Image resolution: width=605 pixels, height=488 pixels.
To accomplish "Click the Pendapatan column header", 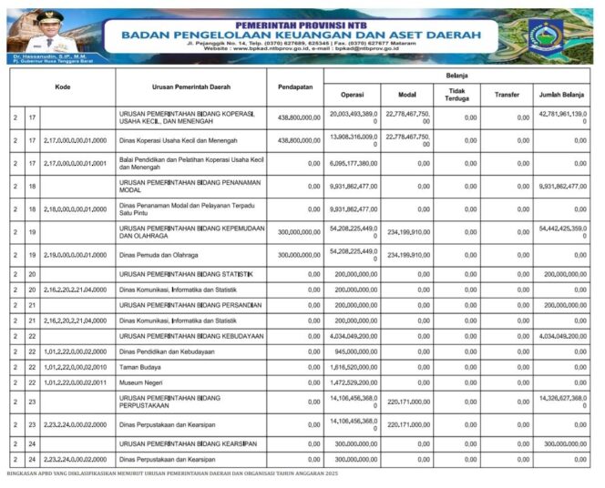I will [x=294, y=86].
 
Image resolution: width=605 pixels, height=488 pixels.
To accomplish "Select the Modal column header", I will [x=407, y=95].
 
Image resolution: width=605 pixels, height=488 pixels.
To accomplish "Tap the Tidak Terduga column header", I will [x=457, y=95].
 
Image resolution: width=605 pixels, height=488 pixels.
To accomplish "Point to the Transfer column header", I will [x=507, y=95].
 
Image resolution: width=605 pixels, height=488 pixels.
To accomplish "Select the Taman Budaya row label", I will [x=138, y=366].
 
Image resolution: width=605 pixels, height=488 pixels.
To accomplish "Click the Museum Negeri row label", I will [x=141, y=381].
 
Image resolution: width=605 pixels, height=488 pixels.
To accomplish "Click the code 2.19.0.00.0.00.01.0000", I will [x=75, y=256].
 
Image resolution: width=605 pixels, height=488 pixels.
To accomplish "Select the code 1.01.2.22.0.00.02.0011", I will [x=75, y=381].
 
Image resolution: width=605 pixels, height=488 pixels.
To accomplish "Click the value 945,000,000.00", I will [x=356, y=351].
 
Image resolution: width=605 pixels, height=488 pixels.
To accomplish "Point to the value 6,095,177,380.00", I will [x=351, y=163].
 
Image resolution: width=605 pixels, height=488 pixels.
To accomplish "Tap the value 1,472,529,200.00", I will [x=353, y=381].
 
